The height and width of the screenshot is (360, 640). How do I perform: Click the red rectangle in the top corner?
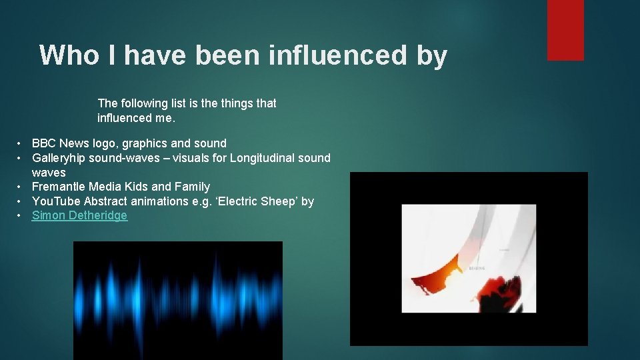pyautogui.click(x=565, y=30)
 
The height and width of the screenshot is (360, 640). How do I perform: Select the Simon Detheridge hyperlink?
pyautogui.click(x=79, y=215)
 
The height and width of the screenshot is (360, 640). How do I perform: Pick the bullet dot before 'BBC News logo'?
pyautogui.click(x=21, y=143)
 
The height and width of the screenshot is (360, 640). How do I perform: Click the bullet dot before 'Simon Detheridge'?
pyautogui.click(x=21, y=215)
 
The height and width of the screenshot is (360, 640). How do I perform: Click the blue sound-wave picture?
pyautogui.click(x=177, y=300)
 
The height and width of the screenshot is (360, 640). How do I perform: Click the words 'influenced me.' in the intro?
pyautogui.click(x=136, y=118)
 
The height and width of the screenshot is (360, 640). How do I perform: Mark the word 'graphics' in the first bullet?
pyautogui.click(x=143, y=143)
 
